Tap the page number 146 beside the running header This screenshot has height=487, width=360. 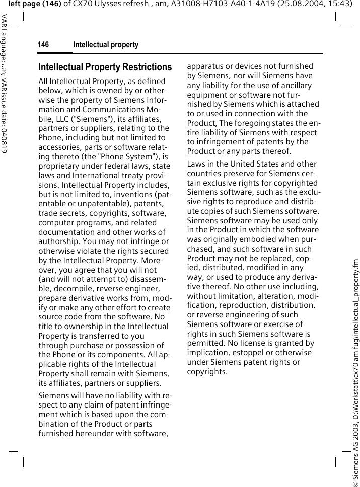pos(43,45)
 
